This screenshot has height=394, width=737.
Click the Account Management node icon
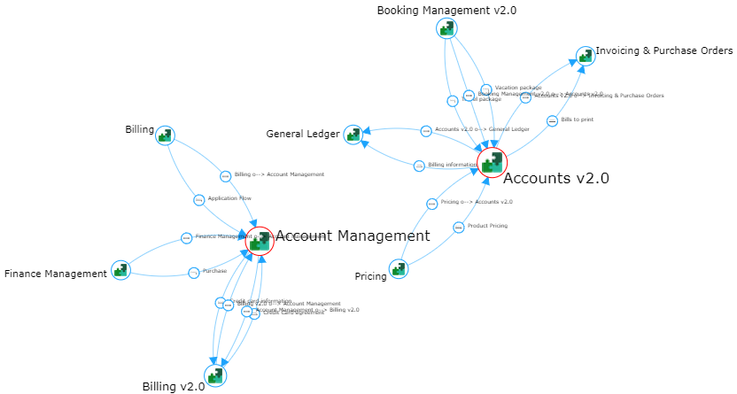260,241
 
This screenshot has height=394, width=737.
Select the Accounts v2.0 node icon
492,163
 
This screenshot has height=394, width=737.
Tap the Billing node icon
165,135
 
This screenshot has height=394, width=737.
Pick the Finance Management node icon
121,270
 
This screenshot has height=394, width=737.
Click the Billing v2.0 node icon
215,375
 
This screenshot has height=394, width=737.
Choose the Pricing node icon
399,269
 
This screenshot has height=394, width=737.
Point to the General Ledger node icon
353,134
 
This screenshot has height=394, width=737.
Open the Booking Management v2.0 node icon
446,28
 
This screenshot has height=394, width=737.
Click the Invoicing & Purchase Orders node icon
585,57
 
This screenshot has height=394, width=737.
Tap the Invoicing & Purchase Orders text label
663,51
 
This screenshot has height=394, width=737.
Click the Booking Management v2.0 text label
446,11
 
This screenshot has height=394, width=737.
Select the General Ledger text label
303,135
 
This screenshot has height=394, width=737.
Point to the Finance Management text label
55,274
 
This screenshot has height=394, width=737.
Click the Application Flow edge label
223,198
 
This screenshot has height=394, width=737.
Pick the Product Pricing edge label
487,226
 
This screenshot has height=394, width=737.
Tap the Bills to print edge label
577,119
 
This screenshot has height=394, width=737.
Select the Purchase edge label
214,271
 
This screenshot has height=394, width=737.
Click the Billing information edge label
452,165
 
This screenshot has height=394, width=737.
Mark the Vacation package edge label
518,88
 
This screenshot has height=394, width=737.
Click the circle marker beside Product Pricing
458,228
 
